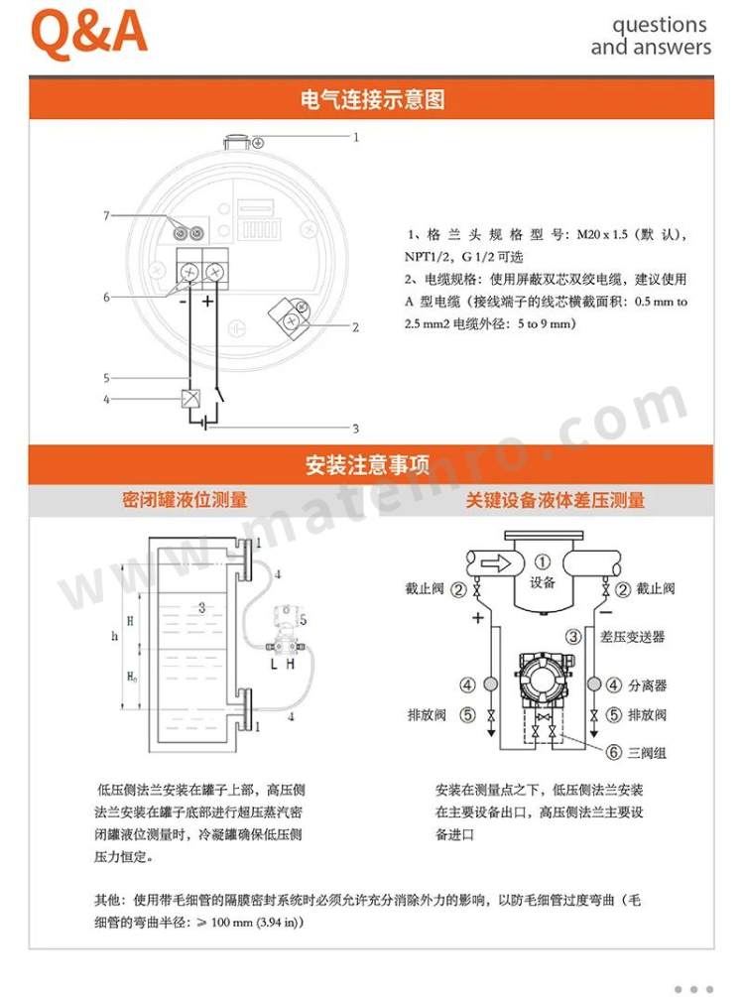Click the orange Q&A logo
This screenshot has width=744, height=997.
(88, 33)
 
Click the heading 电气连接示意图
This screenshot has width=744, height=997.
(372, 99)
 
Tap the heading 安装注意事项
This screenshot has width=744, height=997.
(368, 465)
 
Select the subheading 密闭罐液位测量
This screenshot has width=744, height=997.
(185, 500)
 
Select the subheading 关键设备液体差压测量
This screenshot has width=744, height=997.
(555, 500)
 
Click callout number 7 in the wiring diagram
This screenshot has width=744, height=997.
(107, 215)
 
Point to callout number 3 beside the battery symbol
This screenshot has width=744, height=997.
(356, 429)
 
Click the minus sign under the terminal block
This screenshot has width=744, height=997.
(184, 302)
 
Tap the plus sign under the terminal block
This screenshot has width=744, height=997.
(207, 301)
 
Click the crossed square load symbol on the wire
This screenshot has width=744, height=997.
(190, 399)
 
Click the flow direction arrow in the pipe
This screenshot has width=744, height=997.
(495, 562)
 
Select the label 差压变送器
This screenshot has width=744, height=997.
(632, 637)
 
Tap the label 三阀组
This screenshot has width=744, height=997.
(647, 753)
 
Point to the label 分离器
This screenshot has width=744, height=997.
(648, 685)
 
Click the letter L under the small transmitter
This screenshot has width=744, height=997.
(274, 665)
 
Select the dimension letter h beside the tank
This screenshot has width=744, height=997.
(114, 635)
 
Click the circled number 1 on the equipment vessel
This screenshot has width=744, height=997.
(542, 562)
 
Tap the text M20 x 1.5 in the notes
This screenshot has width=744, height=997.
(601, 235)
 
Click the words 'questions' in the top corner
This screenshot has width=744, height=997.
(660, 26)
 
